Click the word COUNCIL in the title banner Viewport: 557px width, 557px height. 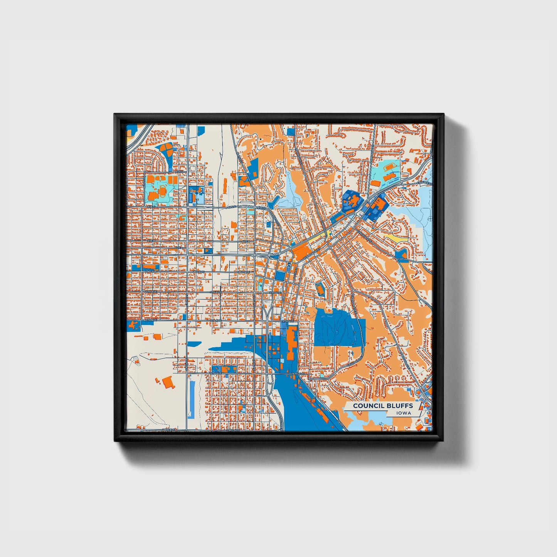(366, 406)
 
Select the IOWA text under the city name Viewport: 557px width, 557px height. (403, 413)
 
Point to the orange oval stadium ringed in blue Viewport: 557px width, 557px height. (320, 289)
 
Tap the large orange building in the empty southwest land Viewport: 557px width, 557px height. (168, 382)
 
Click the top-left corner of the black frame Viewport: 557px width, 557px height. (115, 114)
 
